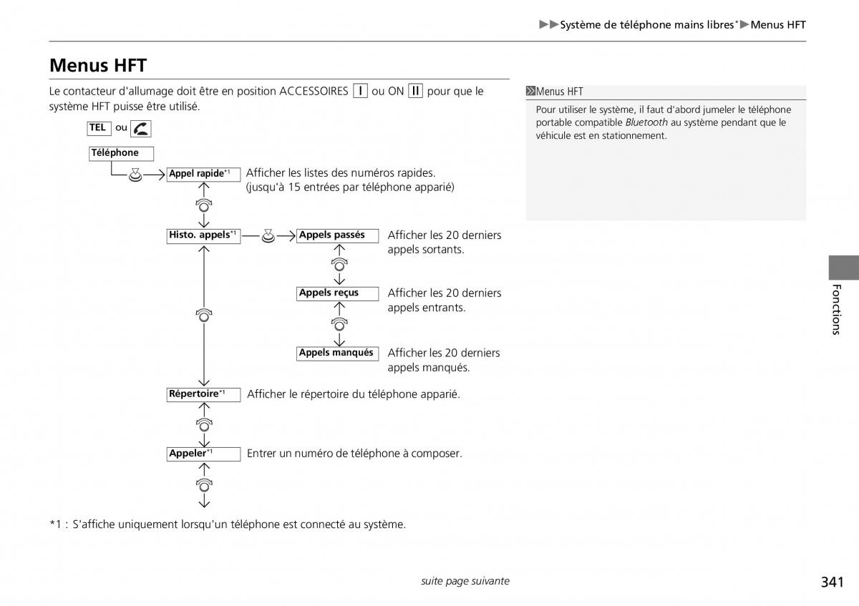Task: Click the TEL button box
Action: [98, 128]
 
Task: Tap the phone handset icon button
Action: [141, 129]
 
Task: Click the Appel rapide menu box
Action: [203, 174]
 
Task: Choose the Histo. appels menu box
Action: [203, 235]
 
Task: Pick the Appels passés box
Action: [337, 235]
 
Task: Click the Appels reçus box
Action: [337, 293]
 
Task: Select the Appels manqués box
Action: [337, 353]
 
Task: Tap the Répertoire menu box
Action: [203, 394]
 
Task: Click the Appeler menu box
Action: [203, 454]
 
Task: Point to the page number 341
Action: [832, 582]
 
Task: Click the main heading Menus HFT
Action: [98, 66]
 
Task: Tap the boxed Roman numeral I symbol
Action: [360, 91]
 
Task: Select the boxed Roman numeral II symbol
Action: [415, 91]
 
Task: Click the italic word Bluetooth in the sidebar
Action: [646, 122]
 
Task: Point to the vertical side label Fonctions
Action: [835, 309]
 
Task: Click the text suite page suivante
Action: [465, 581]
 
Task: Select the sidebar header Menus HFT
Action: [559, 92]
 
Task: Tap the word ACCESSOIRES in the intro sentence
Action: [314, 91]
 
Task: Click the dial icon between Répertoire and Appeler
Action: [204, 424]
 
